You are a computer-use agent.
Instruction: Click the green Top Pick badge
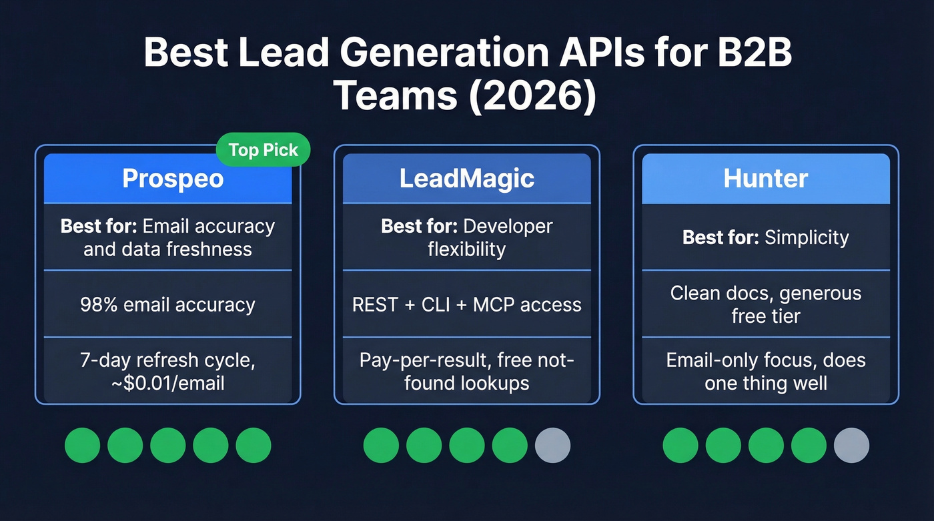pos(264,150)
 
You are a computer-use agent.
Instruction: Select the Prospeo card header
pos(168,179)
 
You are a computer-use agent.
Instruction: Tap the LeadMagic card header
pos(467,179)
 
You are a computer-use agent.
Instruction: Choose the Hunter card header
pos(766,179)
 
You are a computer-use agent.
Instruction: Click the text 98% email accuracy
pos(167,305)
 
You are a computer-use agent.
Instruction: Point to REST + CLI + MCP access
pos(467,305)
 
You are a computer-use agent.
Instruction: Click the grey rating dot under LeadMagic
pos(552,446)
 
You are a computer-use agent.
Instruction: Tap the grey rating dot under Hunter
pos(851,446)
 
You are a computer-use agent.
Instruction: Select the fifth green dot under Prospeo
pos(254,446)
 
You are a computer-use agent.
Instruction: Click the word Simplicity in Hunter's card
pos(807,238)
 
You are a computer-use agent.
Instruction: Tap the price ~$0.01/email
pos(167,384)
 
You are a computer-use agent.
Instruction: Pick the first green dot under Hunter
pos(680,446)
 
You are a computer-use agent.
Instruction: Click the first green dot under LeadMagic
pos(381,446)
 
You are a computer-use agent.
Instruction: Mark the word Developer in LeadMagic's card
pos(508,226)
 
